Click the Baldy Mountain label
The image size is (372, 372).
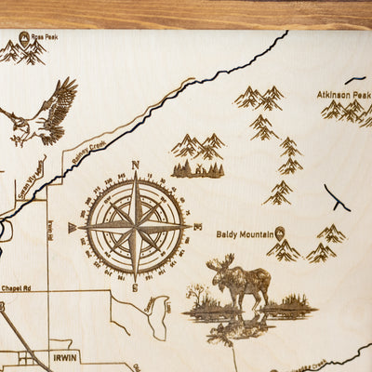pos(244,234)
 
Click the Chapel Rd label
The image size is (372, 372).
pos(17,287)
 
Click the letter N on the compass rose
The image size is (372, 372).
pos(135,166)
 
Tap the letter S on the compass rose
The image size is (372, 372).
pos(136,288)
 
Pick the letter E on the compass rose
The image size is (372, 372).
pos(198,226)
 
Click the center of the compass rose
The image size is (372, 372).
pos(135,226)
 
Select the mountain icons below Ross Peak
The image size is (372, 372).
pos(22,53)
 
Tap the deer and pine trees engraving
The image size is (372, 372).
pos(197,169)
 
